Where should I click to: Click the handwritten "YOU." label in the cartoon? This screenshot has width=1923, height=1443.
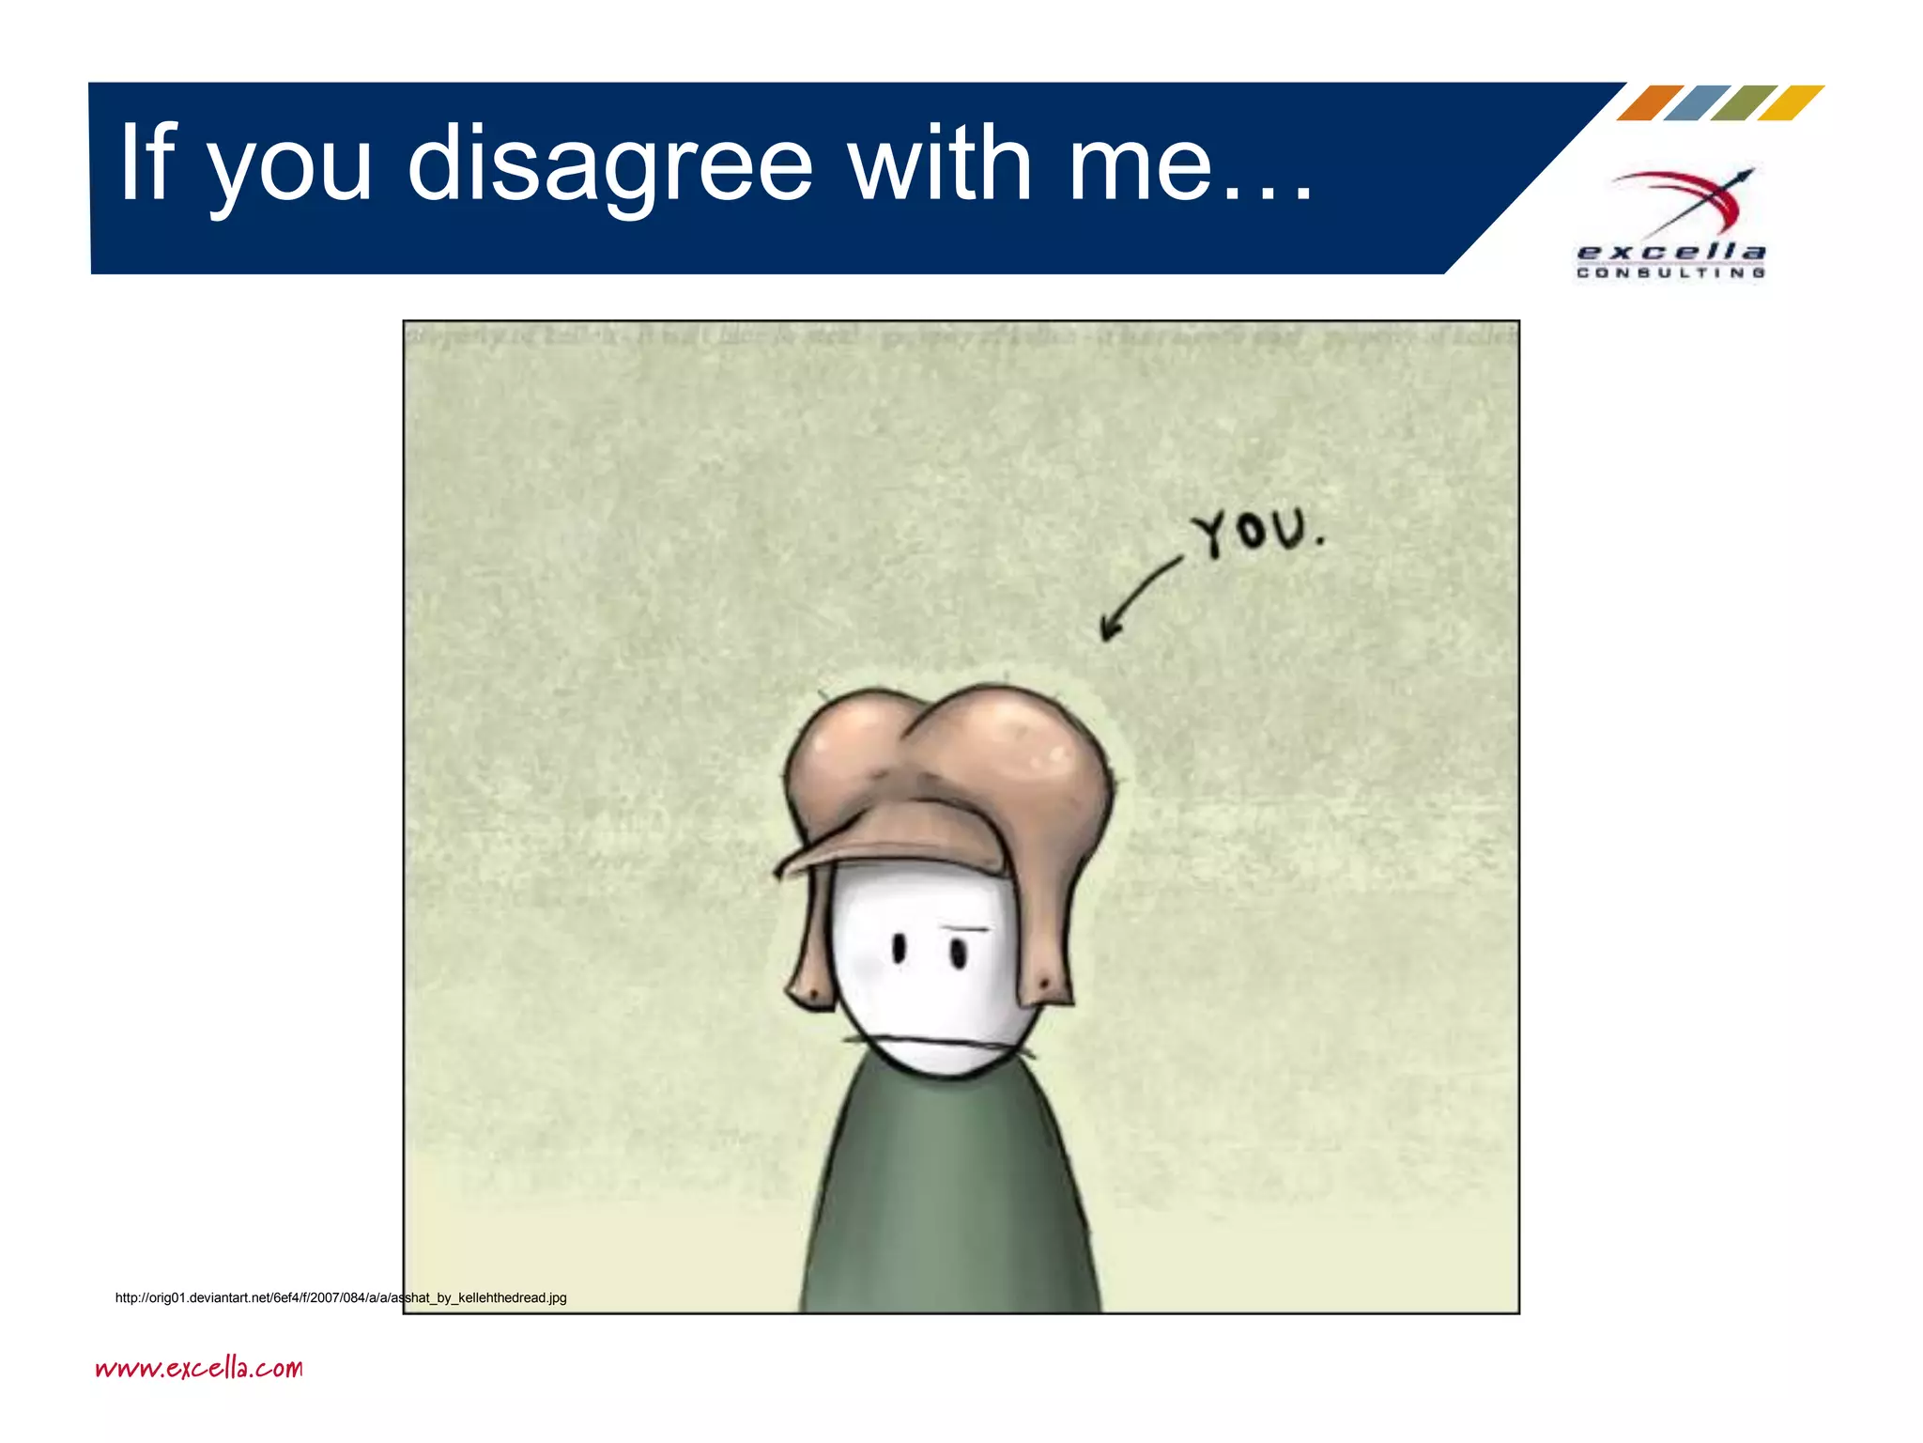click(x=1256, y=533)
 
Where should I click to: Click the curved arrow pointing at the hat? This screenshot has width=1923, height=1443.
click(x=1138, y=599)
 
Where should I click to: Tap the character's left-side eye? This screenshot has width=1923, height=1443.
click(x=898, y=949)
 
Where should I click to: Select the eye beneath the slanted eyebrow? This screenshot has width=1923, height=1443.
click(x=958, y=954)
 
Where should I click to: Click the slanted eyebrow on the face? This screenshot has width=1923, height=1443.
click(x=965, y=928)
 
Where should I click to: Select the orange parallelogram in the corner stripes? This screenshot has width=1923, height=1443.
click(x=1649, y=102)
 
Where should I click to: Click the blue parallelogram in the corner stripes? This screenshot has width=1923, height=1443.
click(x=1696, y=102)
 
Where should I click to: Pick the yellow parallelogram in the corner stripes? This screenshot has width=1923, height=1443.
click(x=1790, y=102)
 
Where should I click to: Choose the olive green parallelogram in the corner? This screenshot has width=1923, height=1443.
click(x=1743, y=102)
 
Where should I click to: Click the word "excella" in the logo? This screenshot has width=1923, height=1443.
click(x=1671, y=252)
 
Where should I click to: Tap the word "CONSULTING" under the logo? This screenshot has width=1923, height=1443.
click(x=1671, y=273)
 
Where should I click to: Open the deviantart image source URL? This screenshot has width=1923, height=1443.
click(x=341, y=1297)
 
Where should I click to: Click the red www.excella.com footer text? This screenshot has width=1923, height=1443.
click(x=199, y=1368)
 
